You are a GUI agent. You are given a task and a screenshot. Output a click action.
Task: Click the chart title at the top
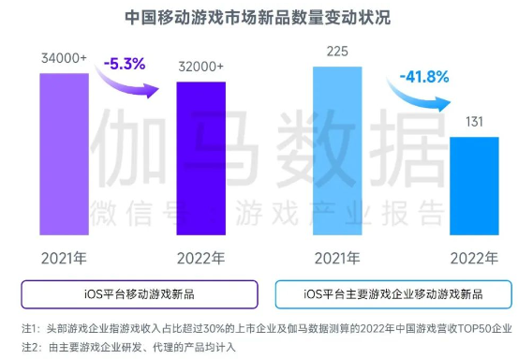[259, 17]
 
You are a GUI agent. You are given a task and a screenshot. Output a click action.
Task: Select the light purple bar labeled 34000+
[65, 155]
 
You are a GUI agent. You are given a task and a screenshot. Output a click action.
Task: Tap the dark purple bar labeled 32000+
[201, 159]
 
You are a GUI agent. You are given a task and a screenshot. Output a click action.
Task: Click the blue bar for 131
[474, 187]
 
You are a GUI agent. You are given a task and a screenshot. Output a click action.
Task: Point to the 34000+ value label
[65, 57]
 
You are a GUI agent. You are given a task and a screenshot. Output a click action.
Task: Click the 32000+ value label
[201, 66]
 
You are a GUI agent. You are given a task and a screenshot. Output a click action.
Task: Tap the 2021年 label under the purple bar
[65, 257]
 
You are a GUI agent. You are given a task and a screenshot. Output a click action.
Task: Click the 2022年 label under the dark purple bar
[200, 257]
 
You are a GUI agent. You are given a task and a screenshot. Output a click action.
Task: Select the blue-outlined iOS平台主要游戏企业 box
[392, 294]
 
